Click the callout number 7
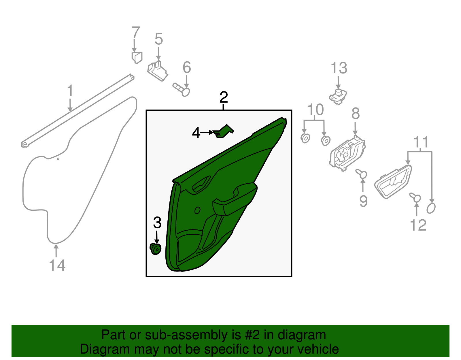(x=136, y=32)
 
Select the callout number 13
(x=339, y=68)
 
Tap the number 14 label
(x=57, y=265)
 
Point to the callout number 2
(x=224, y=97)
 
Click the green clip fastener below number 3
(x=156, y=249)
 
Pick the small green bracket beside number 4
(x=223, y=131)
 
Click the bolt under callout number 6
(x=182, y=90)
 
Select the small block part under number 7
(x=137, y=57)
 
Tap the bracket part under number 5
(x=158, y=71)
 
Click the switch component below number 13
(x=338, y=97)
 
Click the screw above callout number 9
(x=362, y=174)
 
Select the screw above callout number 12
(x=415, y=197)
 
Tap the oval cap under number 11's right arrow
(x=431, y=208)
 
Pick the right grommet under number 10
(x=326, y=141)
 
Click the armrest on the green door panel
(x=235, y=199)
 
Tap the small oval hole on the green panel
(x=197, y=210)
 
